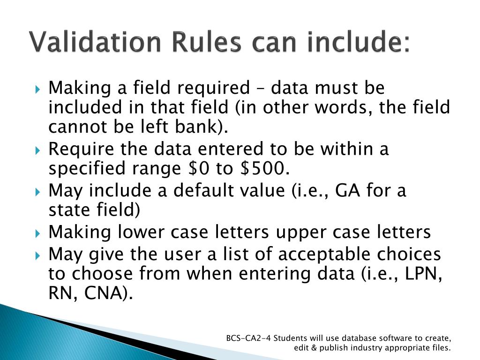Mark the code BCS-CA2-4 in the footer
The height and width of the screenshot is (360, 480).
(248, 338)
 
